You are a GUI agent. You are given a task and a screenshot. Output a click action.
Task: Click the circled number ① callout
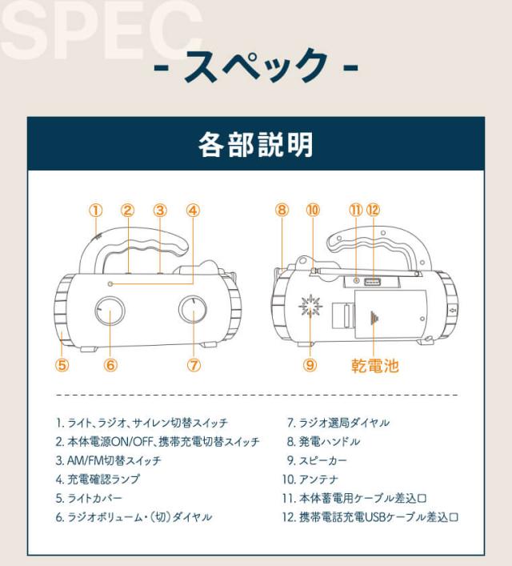pyautogui.click(x=96, y=211)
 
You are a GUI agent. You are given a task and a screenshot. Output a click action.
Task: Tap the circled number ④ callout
pyautogui.click(x=193, y=211)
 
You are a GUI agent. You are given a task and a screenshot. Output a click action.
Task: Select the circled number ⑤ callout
pyautogui.click(x=62, y=365)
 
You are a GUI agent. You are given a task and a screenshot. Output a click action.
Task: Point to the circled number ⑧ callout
pyautogui.click(x=282, y=210)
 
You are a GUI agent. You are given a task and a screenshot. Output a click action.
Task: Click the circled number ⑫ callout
pyautogui.click(x=373, y=210)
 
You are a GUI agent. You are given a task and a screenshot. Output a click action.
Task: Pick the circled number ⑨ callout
pyautogui.click(x=310, y=365)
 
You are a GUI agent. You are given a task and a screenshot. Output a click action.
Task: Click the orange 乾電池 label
pyautogui.click(x=375, y=366)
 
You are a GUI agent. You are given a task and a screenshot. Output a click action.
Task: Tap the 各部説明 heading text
pyautogui.click(x=255, y=144)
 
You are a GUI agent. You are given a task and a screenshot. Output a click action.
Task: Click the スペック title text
pyautogui.click(x=256, y=66)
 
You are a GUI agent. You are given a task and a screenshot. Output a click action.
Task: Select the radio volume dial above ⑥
pyautogui.click(x=110, y=311)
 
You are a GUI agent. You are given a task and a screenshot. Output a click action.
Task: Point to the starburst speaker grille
pyautogui.click(x=310, y=306)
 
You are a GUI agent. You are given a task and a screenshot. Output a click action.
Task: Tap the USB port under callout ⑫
pyautogui.click(x=372, y=281)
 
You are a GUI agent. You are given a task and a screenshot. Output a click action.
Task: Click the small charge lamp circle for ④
pyautogui.click(x=110, y=284)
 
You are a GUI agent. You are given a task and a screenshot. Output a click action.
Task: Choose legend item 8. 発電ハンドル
pyautogui.click(x=323, y=441)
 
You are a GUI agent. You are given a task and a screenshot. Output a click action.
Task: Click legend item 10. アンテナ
pyautogui.click(x=310, y=480)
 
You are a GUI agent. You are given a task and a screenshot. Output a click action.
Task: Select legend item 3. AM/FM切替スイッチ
pyautogui.click(x=108, y=460)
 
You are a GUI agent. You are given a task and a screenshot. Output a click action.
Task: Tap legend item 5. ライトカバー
pyautogui.click(x=89, y=498)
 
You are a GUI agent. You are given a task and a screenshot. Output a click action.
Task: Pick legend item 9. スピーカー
pyautogui.click(x=317, y=460)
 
